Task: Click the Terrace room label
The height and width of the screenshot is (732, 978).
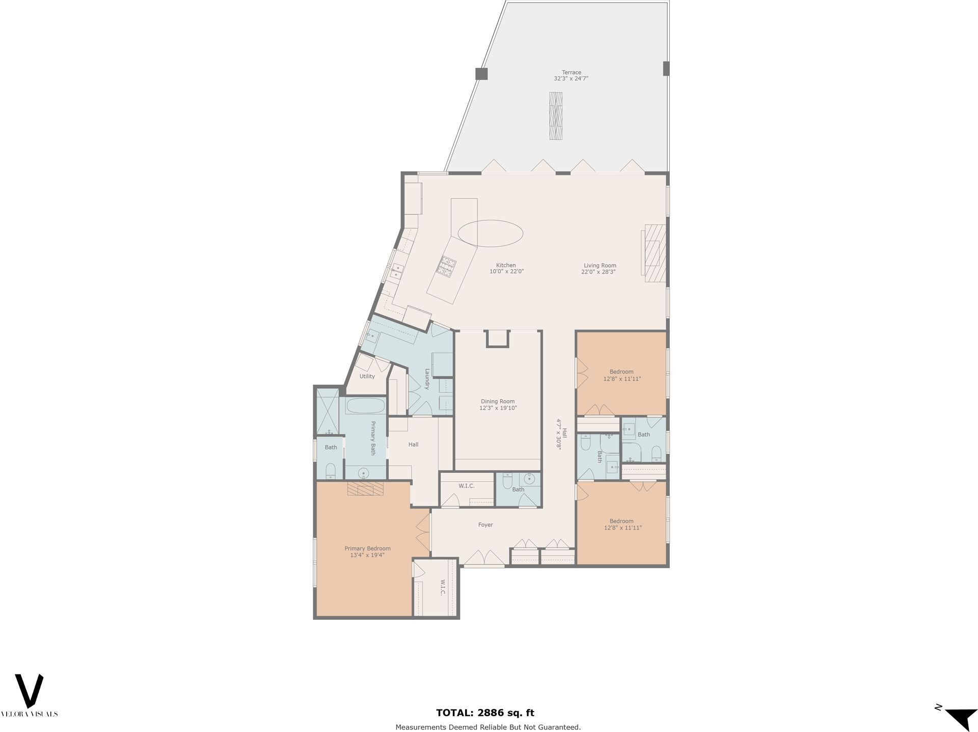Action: point(572,72)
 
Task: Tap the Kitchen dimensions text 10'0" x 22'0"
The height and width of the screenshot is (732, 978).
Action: point(506,272)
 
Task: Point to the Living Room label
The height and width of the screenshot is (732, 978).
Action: point(600,266)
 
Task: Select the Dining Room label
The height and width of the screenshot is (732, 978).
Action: point(498,402)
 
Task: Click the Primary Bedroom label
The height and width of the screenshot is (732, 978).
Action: point(367,548)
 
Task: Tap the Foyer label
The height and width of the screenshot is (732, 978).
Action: point(485,525)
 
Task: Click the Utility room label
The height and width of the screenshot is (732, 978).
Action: point(367,376)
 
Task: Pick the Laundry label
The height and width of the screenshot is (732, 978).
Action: point(427,379)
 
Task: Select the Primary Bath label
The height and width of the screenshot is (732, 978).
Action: point(373,438)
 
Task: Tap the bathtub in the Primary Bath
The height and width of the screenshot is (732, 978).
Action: point(365,406)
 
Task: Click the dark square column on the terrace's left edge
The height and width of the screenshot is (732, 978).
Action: point(481,74)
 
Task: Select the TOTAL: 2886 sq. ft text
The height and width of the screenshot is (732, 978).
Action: point(485,713)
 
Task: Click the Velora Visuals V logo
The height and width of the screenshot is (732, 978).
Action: point(29,691)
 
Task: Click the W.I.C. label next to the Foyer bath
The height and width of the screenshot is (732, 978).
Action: point(467,486)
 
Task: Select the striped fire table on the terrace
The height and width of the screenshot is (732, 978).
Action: point(556,116)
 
